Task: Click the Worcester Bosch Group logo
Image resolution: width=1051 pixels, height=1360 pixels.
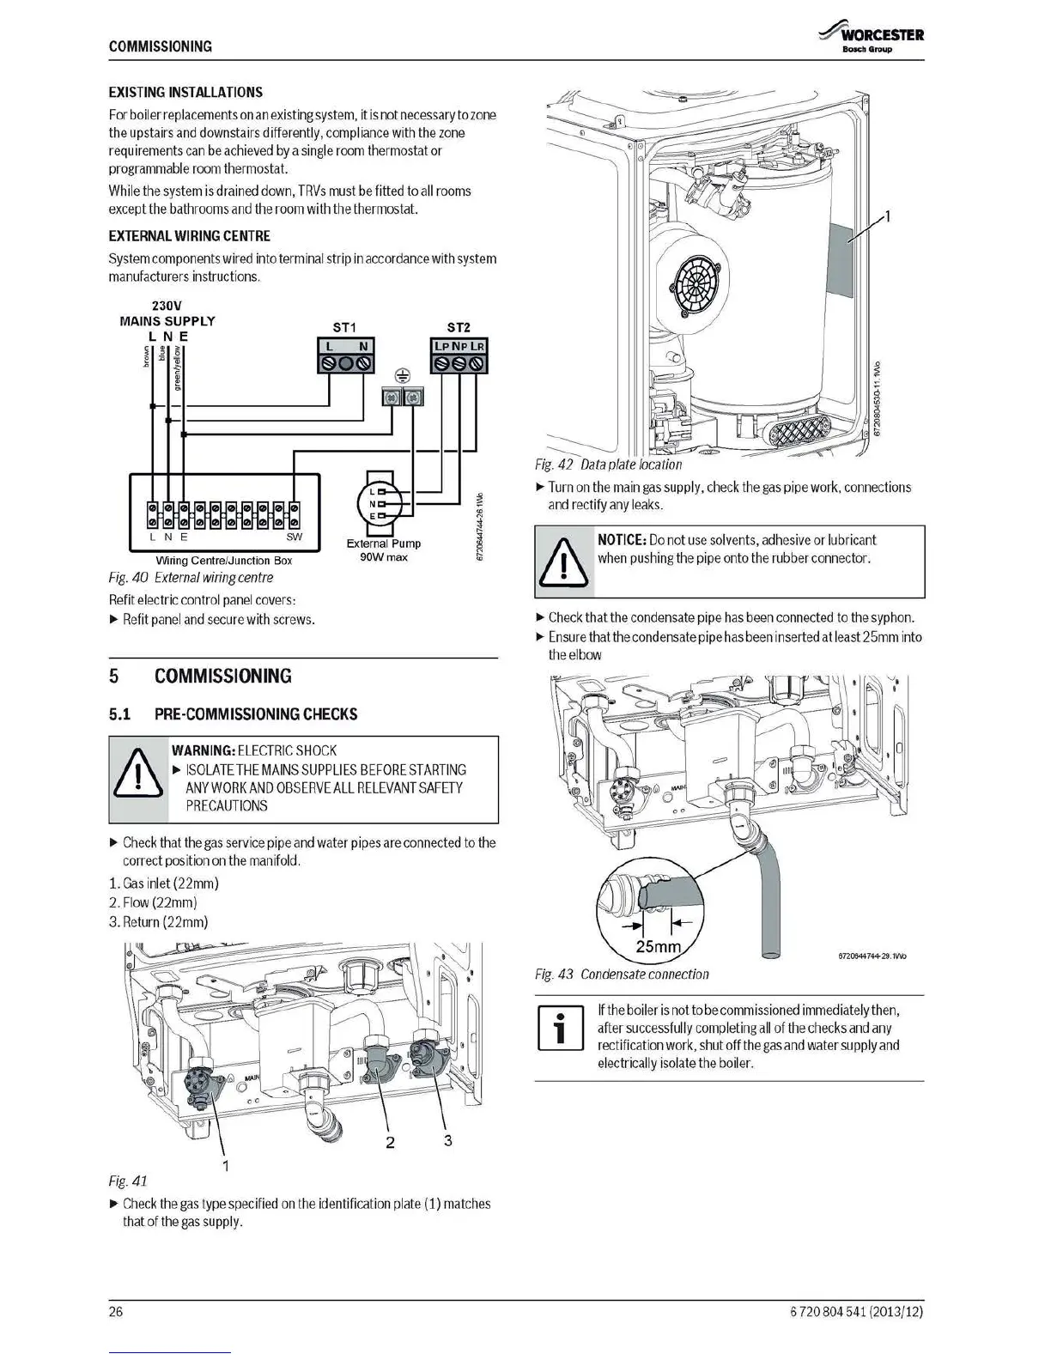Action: (x=872, y=39)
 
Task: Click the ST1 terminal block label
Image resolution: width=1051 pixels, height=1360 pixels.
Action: (x=343, y=327)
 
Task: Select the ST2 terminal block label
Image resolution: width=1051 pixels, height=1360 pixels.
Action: (x=459, y=327)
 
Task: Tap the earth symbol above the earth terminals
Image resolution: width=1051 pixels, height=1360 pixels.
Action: (x=401, y=375)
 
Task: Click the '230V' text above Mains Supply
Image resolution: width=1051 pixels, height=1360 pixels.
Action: (x=167, y=306)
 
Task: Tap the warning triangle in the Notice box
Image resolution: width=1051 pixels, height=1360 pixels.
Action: (x=563, y=560)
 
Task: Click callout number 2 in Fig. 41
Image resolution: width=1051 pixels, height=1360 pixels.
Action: (x=390, y=1142)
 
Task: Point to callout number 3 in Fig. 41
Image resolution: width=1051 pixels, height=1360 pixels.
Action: (x=447, y=1140)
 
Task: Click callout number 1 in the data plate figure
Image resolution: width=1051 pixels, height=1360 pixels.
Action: (x=889, y=216)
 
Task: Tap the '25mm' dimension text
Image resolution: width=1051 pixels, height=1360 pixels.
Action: (x=658, y=946)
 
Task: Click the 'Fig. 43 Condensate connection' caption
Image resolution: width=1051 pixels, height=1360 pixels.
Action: (x=622, y=974)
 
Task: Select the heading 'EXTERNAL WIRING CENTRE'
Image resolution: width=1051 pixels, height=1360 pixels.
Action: (x=189, y=236)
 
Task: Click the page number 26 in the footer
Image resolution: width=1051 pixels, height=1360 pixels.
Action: (x=116, y=1311)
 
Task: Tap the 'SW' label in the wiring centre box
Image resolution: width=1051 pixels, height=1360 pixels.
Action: (x=294, y=537)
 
